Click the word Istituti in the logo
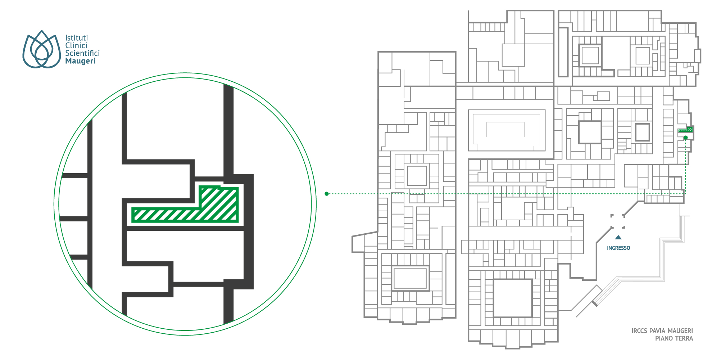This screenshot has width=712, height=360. click(x=76, y=38)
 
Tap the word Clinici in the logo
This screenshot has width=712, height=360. click(x=76, y=45)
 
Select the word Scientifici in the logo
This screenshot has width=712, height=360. click(x=82, y=53)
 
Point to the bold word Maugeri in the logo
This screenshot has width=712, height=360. click(x=80, y=61)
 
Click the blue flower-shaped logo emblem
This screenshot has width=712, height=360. click(x=41, y=49)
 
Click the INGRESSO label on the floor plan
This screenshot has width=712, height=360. click(x=618, y=248)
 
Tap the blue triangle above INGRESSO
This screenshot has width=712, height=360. click(x=618, y=238)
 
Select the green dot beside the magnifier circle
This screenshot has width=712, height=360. click(x=327, y=194)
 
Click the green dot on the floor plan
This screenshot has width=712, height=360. click(x=686, y=138)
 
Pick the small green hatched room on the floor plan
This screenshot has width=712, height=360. click(x=685, y=130)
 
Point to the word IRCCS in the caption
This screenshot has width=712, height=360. click(x=639, y=331)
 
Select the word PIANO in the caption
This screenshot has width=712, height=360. click(x=663, y=338)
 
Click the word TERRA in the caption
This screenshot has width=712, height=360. click(x=684, y=338)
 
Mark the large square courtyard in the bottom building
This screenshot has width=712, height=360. click(x=513, y=298)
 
